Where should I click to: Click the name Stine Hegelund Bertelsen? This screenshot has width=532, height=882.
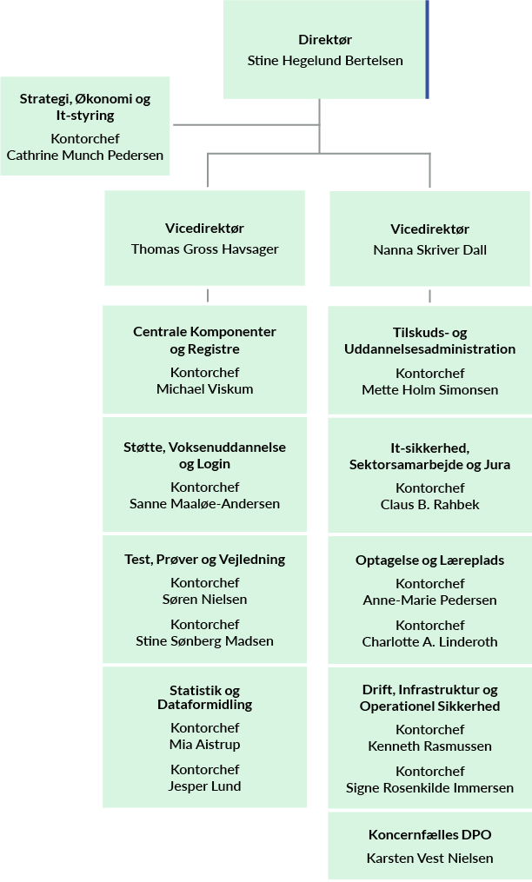click(325, 61)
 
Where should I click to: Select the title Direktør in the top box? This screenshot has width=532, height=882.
click(325, 40)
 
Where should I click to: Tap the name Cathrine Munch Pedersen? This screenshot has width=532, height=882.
click(84, 156)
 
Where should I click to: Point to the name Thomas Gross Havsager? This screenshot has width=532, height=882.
click(204, 249)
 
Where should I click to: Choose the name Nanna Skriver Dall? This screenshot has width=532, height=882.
click(429, 250)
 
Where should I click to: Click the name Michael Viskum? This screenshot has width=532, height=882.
click(204, 389)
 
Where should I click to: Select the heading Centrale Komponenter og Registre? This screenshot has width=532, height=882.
click(204, 340)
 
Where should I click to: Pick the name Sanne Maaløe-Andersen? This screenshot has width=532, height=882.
click(204, 504)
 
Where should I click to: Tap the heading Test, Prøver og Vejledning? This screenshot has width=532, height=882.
click(204, 559)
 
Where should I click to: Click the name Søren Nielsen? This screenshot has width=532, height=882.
click(204, 600)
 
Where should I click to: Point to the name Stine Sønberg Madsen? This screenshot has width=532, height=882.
click(204, 641)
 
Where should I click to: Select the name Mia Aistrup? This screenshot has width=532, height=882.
click(204, 745)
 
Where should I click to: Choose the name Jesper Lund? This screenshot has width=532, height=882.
click(204, 786)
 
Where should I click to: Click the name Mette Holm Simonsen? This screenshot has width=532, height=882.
click(429, 390)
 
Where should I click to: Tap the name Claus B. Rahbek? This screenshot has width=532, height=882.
click(429, 505)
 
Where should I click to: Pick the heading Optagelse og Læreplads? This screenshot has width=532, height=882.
click(429, 560)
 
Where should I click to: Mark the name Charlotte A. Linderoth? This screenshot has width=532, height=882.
click(429, 642)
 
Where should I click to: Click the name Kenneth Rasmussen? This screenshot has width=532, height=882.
click(429, 746)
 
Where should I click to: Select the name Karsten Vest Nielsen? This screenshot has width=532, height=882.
click(429, 859)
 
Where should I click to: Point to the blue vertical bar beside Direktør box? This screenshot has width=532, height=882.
click(427, 49)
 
